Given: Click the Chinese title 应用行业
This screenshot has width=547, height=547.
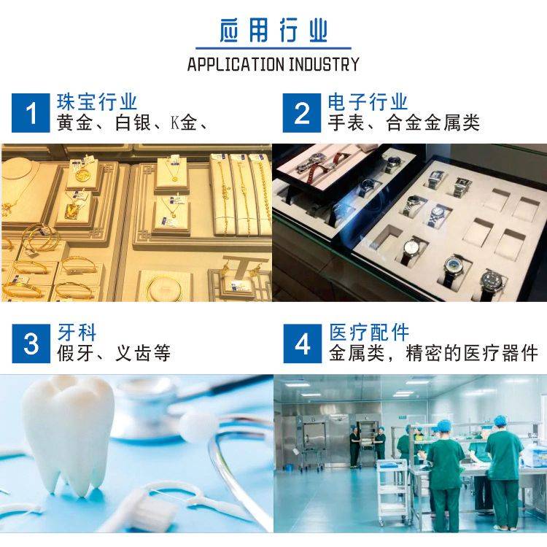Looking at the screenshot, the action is point(273,31).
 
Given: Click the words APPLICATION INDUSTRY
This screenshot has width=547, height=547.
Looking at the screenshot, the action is point(273,64).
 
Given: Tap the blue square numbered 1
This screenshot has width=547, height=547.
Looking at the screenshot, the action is point(31,112).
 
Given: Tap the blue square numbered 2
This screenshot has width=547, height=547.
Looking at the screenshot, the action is point(302,112).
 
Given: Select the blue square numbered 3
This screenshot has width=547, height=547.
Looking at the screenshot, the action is point(31,344).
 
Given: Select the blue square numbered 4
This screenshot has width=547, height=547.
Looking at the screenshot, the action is point(303,344).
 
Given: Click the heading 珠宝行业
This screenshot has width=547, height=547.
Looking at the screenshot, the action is point(97,102).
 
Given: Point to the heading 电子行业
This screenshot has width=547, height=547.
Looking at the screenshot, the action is point(368,102).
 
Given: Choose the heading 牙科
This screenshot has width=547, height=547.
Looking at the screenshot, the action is point(77,333).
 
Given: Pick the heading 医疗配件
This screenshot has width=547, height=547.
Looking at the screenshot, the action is point(369,333).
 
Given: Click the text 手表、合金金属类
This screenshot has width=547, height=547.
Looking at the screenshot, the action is point(403,123).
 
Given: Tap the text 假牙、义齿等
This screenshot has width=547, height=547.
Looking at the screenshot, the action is point(114,353).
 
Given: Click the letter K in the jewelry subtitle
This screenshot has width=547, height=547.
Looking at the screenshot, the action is point(175,123).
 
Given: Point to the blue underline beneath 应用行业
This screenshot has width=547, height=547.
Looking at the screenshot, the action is point(273,48).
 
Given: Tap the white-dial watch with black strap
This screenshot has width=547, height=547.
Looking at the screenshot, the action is point(412,249).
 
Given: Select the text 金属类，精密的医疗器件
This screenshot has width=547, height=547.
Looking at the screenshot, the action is point(433,353).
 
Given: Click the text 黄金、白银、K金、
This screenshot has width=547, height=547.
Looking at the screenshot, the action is point(133,123).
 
